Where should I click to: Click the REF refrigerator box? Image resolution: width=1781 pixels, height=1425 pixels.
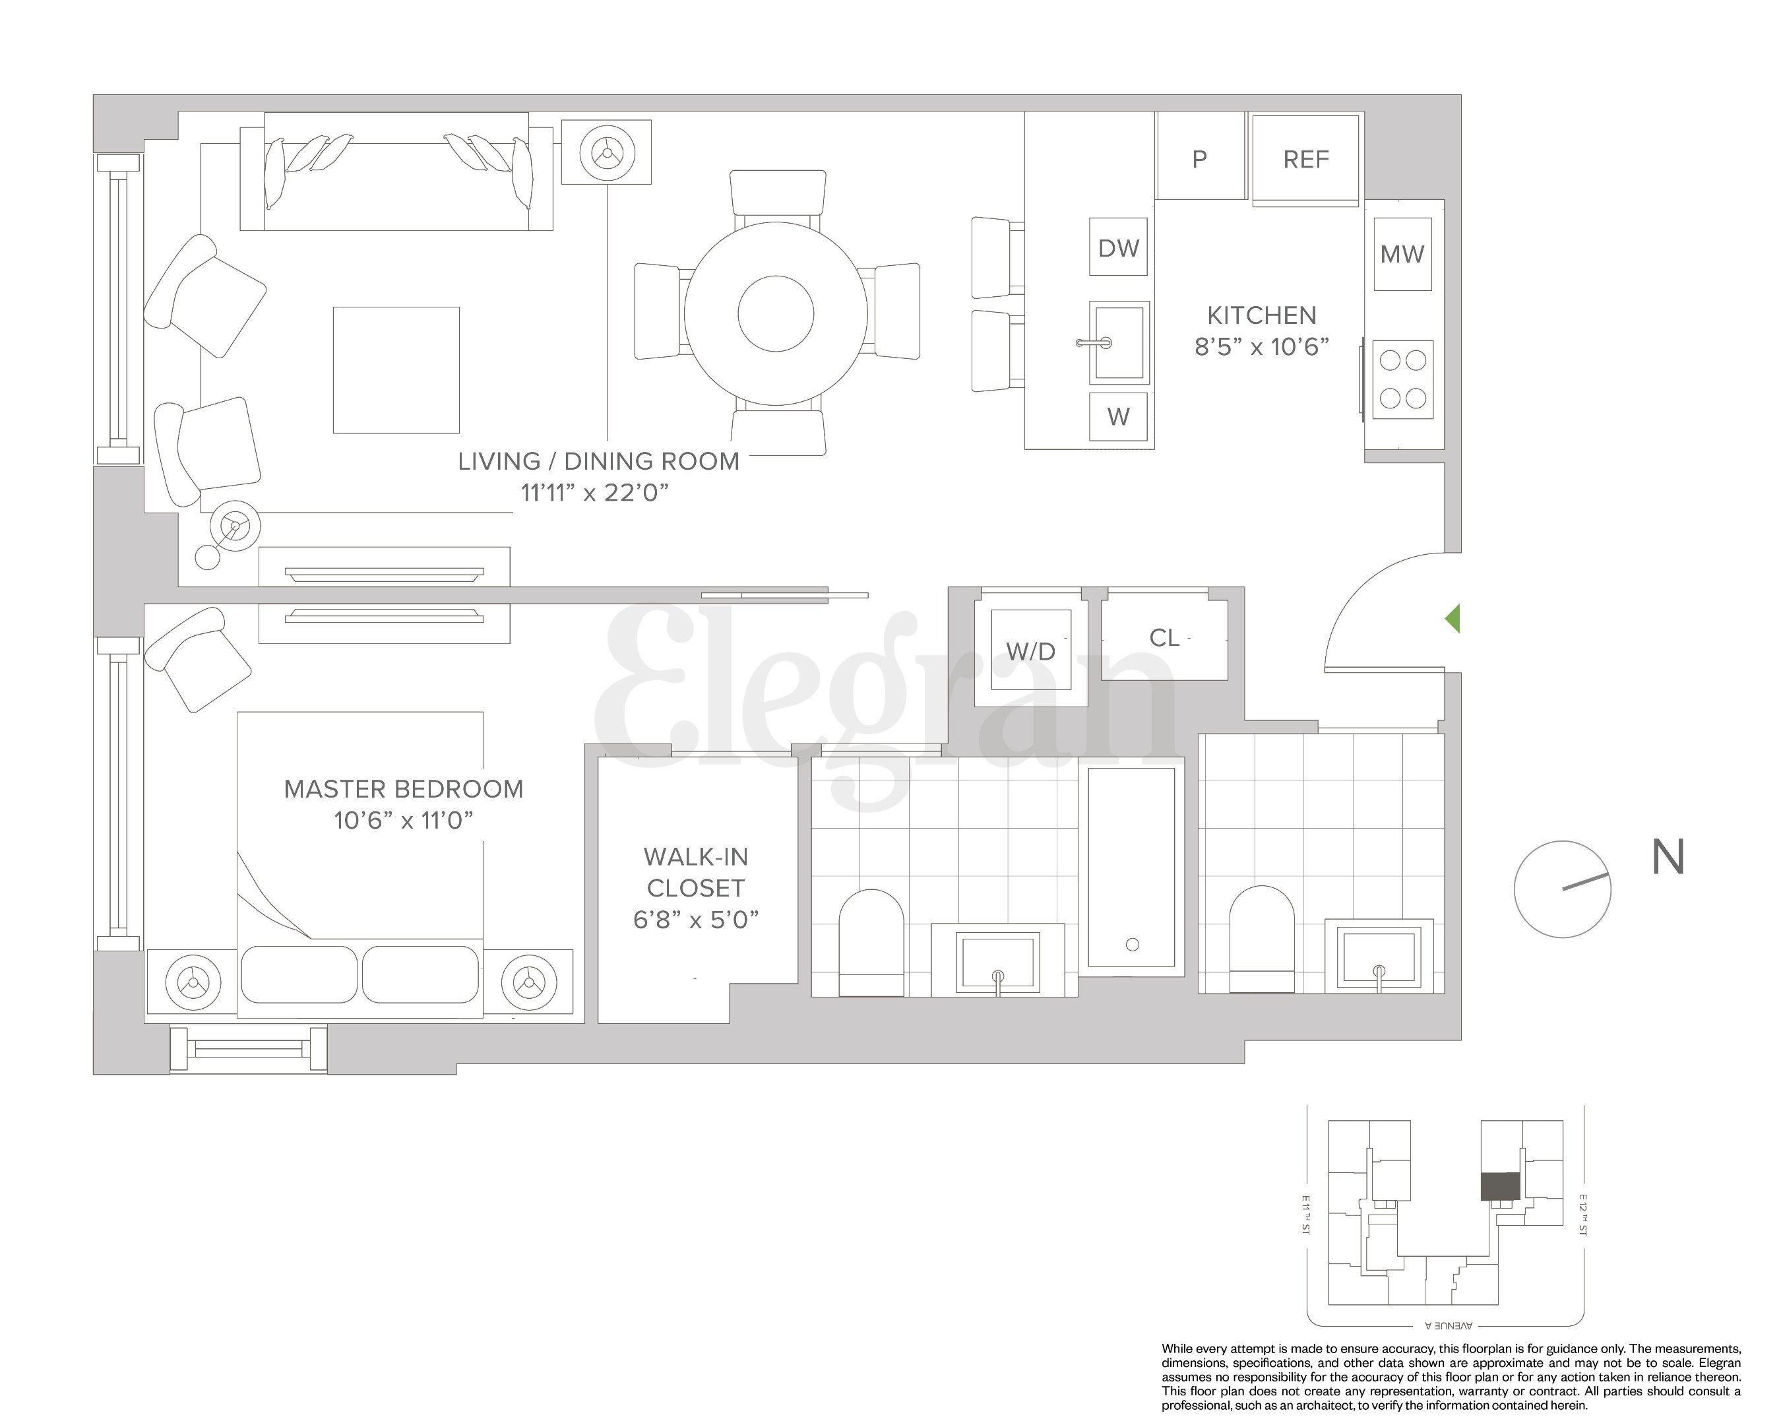click(1305, 160)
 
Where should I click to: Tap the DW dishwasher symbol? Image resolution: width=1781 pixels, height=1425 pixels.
click(1119, 248)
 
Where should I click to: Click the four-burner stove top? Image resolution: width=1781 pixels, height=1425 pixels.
click(1402, 379)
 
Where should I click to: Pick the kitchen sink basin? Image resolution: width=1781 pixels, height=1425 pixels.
click(1120, 342)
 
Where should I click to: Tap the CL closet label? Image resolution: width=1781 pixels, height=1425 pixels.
click(1164, 638)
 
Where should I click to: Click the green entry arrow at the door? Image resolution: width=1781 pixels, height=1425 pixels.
click(1453, 619)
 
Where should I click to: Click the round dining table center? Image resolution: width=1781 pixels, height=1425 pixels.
click(776, 314)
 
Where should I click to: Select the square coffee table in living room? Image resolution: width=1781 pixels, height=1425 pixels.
click(396, 370)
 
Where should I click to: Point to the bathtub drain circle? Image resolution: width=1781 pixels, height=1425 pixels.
click(1133, 944)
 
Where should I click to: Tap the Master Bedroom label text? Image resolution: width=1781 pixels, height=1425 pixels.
click(403, 789)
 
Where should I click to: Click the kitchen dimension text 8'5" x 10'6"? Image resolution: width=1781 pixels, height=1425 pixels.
click(1261, 347)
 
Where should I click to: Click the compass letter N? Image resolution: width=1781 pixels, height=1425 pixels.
click(1667, 858)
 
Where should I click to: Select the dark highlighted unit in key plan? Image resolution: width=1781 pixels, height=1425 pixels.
click(1500, 1186)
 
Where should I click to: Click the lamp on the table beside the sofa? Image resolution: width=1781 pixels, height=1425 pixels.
click(607, 153)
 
